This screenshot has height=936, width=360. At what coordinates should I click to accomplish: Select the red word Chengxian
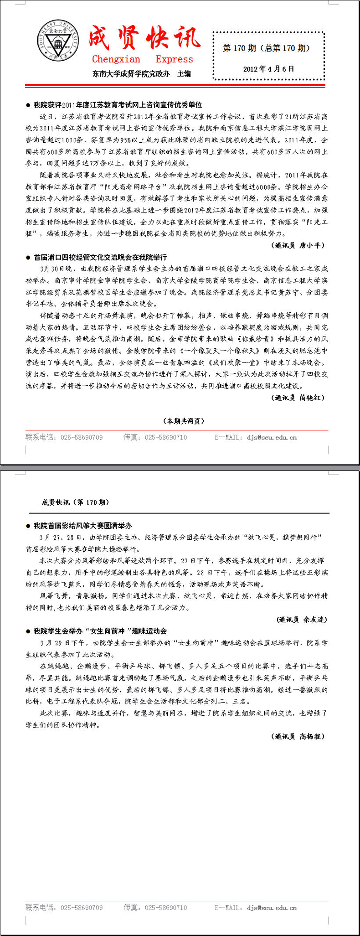tap(116, 59)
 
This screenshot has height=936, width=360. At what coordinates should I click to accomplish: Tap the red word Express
tap(174, 59)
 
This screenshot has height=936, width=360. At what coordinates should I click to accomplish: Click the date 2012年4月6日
tap(268, 69)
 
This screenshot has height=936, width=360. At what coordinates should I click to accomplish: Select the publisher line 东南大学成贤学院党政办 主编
tap(142, 74)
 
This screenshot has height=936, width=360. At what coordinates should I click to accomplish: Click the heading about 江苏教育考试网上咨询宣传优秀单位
tap(118, 105)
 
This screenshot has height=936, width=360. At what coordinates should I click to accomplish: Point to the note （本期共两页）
tap(184, 421)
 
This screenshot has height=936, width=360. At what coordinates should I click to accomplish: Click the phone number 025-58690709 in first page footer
tap(82, 437)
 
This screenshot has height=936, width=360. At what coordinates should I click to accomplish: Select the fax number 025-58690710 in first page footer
tap(166, 437)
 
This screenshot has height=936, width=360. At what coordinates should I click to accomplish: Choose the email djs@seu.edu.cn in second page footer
tap(272, 908)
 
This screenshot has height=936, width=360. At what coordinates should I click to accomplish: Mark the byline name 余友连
tap(314, 619)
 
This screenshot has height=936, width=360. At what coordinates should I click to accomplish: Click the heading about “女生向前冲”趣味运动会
tap(100, 631)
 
